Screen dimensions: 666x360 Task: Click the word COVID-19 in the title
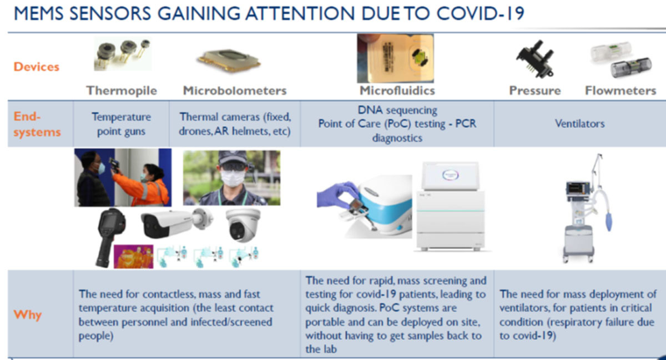click(x=480, y=13)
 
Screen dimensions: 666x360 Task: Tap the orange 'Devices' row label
click(x=36, y=67)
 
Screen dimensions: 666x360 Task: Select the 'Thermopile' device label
click(x=122, y=90)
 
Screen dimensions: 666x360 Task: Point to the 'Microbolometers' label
click(x=235, y=90)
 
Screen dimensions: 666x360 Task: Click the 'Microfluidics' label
click(x=397, y=90)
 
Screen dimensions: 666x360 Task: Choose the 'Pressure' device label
click(x=535, y=90)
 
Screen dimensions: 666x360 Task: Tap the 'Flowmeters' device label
click(x=620, y=90)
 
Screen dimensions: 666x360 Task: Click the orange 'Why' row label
click(x=27, y=315)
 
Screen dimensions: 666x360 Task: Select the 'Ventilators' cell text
click(x=580, y=123)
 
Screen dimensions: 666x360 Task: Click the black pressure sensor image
click(x=535, y=59)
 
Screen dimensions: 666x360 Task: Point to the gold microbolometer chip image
click(x=228, y=60)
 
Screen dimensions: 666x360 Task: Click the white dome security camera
click(x=243, y=225)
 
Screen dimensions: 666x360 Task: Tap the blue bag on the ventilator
click(x=609, y=221)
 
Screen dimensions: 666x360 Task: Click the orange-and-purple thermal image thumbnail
click(x=134, y=256)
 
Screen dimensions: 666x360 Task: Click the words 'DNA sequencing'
click(x=397, y=110)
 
